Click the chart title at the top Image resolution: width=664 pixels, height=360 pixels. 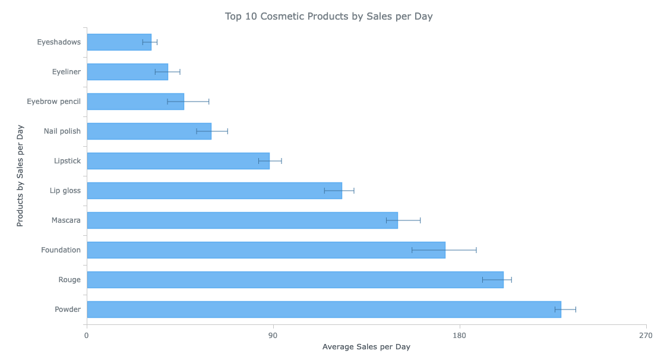[328, 16]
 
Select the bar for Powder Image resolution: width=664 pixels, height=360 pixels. [324, 310]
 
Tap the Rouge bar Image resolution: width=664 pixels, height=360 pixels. [295, 280]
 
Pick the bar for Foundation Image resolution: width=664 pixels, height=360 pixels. [265, 250]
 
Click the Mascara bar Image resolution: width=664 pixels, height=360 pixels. [242, 220]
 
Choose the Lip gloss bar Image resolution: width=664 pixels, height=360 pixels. [214, 191]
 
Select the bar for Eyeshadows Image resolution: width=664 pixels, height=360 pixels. [119, 42]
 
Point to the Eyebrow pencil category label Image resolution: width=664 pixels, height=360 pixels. [53, 102]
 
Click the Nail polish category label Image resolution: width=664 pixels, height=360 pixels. [62, 131]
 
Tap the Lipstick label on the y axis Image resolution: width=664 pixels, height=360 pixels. [67, 161]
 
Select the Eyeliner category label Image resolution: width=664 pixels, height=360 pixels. [66, 72]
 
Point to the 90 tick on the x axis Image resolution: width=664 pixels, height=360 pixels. [273, 336]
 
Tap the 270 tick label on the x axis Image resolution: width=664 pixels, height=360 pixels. [646, 336]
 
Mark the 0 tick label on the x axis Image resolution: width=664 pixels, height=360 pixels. [87, 336]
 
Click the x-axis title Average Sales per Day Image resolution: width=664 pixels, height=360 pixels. [366, 347]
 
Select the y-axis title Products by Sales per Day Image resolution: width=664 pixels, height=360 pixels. [20, 176]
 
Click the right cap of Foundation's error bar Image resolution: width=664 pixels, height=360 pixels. [476, 250]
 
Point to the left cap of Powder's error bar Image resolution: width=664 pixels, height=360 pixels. [555, 310]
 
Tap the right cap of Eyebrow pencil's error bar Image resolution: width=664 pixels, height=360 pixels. [209, 102]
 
